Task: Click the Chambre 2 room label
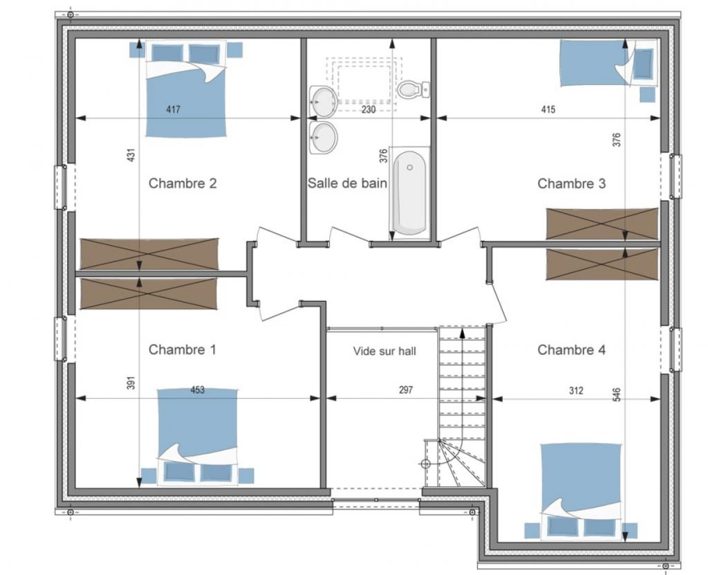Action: tap(183, 183)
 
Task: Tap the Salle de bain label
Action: tap(347, 183)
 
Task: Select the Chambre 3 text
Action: tap(571, 183)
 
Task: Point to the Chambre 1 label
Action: tap(182, 349)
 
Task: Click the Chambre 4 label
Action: tap(571, 349)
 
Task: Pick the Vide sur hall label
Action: tap(384, 352)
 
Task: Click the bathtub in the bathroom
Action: tap(409, 192)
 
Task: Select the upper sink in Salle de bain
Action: tap(323, 100)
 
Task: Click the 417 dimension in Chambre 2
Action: tap(174, 109)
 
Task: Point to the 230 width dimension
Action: tap(369, 109)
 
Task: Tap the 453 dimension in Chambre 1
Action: tap(197, 390)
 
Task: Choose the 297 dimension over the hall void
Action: tap(406, 390)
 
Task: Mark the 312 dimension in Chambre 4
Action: tap(576, 390)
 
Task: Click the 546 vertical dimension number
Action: tap(617, 394)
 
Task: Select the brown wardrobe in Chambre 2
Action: tap(149, 254)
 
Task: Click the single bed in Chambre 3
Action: tap(608, 63)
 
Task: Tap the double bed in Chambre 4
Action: tap(581, 491)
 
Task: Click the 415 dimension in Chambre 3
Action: tap(548, 109)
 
